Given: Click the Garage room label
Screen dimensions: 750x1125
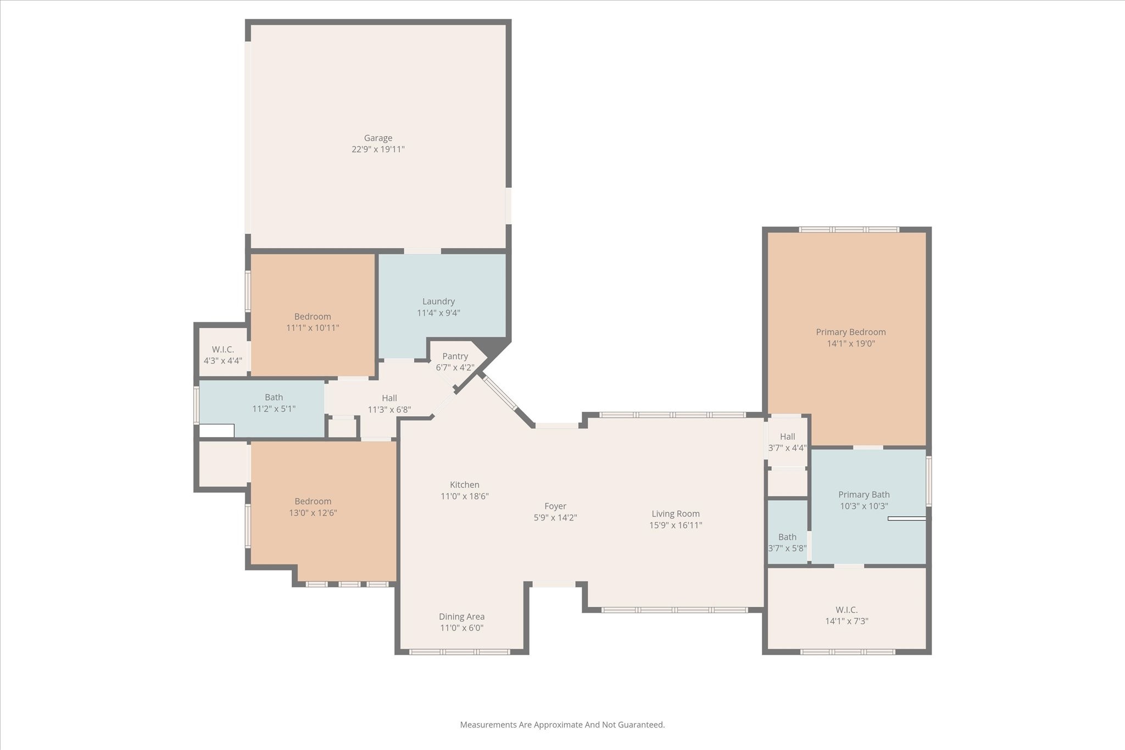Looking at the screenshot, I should pos(378,138).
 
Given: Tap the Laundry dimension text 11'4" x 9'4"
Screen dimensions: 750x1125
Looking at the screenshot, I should pos(438,313).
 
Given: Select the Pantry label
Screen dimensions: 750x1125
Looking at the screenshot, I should pos(455,356).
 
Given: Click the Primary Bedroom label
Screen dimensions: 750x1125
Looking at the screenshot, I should pos(850,332).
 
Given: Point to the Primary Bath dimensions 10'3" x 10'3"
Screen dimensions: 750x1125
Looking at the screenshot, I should pos(864,506).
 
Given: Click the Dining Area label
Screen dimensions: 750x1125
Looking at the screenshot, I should pos(461,617).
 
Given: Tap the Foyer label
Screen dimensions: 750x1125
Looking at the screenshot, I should pos(555,506).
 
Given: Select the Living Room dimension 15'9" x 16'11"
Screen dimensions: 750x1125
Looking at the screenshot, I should pos(675,525).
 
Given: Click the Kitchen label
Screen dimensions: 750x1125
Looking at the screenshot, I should pos(464,485).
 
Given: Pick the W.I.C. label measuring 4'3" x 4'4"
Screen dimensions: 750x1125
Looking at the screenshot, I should pos(222,350).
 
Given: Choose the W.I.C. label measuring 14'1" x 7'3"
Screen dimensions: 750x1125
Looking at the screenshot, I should pos(846,610).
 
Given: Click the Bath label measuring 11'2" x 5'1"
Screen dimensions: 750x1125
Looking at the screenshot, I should pos(274,398).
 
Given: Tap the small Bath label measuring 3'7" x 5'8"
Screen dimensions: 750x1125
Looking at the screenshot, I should pos(787,537).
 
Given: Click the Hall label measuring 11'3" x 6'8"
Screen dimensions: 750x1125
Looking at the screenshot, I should pos(389,398).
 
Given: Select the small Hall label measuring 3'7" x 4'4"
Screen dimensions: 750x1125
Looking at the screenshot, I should pos(787,436).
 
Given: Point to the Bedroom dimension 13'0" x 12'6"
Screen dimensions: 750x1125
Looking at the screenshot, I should pos(313,513).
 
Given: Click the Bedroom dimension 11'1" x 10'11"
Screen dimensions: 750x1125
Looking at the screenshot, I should pos(312,328).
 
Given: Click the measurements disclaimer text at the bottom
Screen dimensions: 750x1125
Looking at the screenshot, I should pos(562,725).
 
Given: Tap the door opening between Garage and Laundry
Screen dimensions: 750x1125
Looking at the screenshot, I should pos(422,251).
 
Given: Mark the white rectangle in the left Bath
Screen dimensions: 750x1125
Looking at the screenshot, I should pos(216,431).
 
